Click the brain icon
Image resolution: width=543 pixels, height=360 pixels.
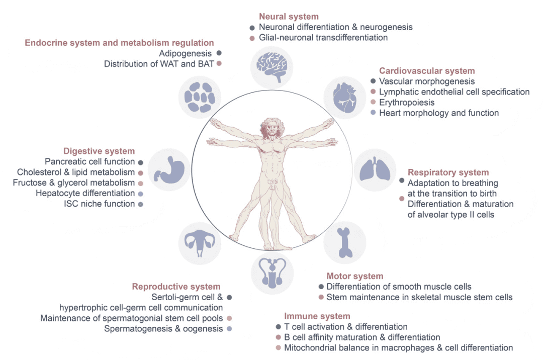click(272, 67)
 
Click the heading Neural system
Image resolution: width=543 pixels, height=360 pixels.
click(289, 17)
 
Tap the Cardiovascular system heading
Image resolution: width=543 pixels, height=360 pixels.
click(427, 71)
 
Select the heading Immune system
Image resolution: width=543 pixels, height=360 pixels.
click(317, 316)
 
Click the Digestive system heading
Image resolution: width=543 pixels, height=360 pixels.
click(99, 151)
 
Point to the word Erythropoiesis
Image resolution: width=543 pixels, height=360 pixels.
click(407, 102)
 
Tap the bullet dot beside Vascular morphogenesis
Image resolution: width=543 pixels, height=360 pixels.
click(373, 81)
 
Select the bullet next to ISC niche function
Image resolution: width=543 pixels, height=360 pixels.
click(141, 204)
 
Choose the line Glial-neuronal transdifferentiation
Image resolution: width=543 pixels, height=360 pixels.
click(323, 38)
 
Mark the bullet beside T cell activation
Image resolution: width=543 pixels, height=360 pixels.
click(278, 327)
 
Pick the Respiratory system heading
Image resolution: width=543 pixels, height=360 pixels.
click(448, 172)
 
